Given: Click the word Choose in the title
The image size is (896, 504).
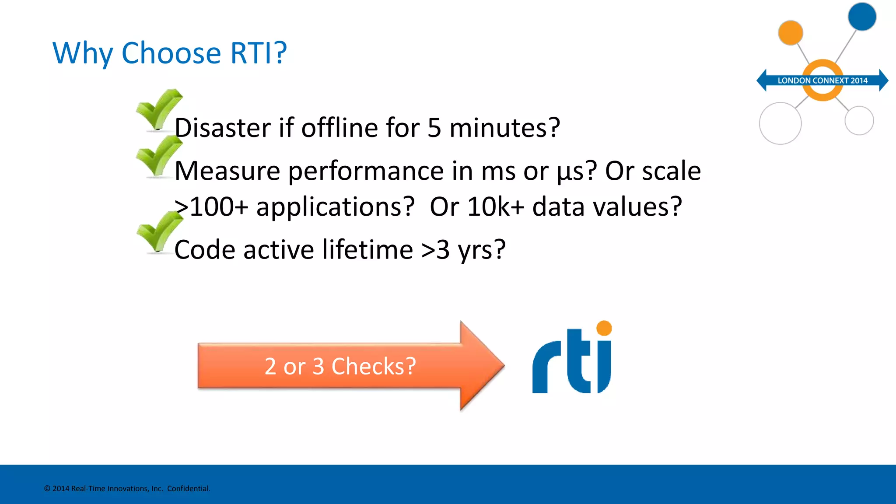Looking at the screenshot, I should (x=171, y=53).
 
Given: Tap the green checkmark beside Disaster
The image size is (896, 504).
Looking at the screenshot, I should (x=158, y=109).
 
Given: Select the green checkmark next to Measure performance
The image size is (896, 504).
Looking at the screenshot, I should (x=158, y=156).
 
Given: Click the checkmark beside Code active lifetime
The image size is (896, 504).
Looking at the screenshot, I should (x=158, y=232).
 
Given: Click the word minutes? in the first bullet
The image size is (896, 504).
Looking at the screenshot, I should (x=504, y=128).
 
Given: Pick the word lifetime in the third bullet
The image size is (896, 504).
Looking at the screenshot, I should (x=367, y=250).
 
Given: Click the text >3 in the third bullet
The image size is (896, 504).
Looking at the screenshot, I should (x=435, y=250).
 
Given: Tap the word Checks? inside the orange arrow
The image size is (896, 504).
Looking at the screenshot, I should (x=373, y=366).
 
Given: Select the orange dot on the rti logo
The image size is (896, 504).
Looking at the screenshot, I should (x=604, y=328).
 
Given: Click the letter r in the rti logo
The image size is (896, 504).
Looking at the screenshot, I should (x=546, y=367).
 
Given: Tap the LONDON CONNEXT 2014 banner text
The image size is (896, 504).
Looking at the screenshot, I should (x=822, y=80).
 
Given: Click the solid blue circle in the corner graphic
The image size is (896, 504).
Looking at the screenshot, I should (x=861, y=17).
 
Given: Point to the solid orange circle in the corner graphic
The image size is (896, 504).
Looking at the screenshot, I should (x=790, y=33).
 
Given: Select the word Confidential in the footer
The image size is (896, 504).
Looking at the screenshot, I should (x=188, y=489).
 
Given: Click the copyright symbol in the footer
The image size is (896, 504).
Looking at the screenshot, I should (x=47, y=489).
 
